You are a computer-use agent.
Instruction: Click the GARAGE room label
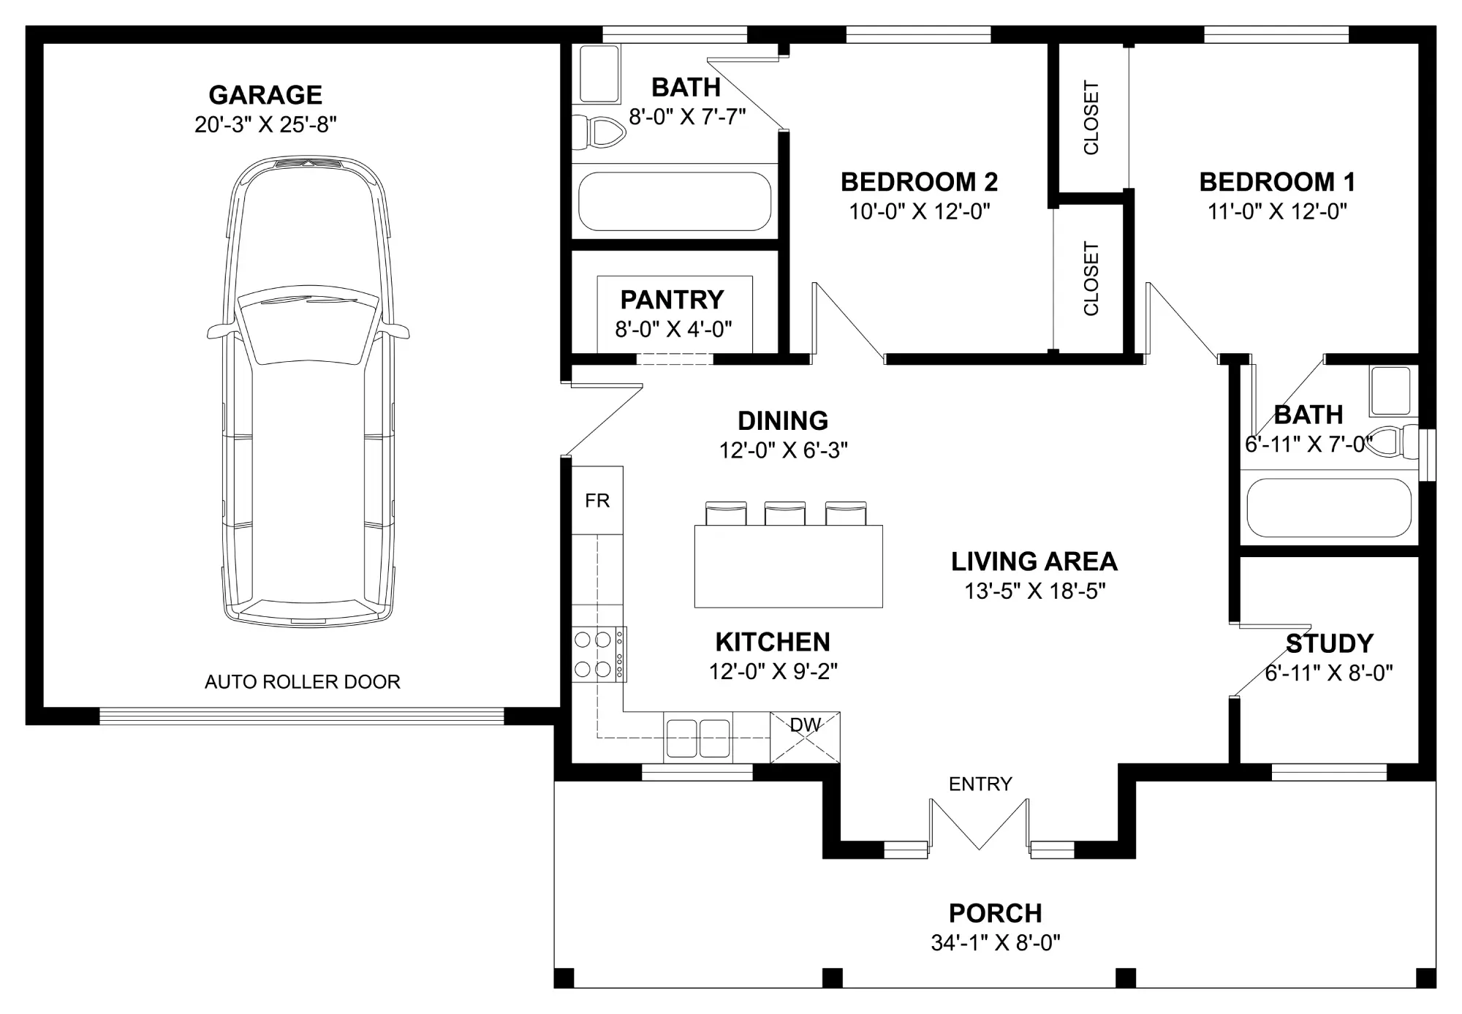click(265, 95)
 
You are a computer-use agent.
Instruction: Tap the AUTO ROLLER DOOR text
click(303, 682)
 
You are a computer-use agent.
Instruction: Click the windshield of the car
click(308, 325)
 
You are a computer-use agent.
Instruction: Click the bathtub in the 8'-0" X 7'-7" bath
click(675, 202)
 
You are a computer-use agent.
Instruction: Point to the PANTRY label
click(672, 300)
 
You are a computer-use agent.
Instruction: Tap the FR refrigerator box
click(597, 500)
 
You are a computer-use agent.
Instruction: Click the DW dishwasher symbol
click(805, 737)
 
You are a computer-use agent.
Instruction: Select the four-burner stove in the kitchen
click(599, 654)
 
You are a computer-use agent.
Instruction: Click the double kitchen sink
click(698, 737)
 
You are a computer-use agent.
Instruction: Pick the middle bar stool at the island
click(785, 513)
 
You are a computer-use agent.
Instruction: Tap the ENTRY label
click(980, 784)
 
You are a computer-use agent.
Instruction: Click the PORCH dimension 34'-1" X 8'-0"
click(996, 943)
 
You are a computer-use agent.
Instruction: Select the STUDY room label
click(1329, 644)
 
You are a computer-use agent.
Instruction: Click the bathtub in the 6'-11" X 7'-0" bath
click(1329, 508)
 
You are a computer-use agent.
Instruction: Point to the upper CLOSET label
click(1091, 118)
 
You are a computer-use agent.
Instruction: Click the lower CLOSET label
click(1091, 279)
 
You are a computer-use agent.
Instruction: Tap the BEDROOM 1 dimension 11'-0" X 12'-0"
click(1277, 212)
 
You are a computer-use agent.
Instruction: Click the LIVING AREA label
click(1034, 561)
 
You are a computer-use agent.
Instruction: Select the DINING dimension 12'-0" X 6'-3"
click(783, 450)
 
